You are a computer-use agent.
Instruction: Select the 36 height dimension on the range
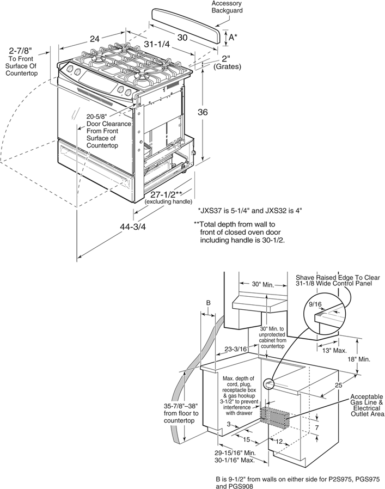point(203,113)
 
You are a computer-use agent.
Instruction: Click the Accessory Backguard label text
point(227,7)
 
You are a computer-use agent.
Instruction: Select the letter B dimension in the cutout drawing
point(207,302)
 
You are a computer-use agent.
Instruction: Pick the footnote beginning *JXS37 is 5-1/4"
point(250,210)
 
